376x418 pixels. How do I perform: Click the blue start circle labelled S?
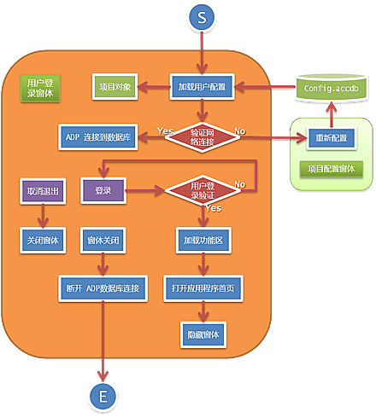click(202, 17)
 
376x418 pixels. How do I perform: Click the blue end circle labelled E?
click(103, 396)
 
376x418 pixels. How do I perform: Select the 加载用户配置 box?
click(202, 87)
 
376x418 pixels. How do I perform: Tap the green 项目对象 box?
click(115, 87)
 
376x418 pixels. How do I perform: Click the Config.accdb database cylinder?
click(331, 88)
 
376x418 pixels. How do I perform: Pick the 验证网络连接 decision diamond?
click(203, 137)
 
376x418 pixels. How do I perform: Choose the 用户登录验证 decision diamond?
click(203, 190)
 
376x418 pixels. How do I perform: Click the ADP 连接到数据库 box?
click(98, 137)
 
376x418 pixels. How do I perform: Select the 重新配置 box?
click(331, 138)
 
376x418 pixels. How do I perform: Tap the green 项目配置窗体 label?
click(331, 169)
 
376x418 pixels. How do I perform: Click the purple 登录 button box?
click(103, 191)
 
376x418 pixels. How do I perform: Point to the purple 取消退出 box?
click(43, 191)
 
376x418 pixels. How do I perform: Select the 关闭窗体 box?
click(43, 241)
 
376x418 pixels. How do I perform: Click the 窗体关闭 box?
click(103, 241)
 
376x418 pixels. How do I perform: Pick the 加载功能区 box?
click(203, 241)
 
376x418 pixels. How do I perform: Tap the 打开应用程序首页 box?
click(203, 288)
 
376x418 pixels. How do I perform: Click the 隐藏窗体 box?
click(203, 334)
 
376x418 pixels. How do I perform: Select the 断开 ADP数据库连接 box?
click(103, 288)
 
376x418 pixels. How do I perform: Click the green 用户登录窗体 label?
click(40, 88)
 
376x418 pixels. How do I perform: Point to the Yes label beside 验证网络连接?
click(165, 131)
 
